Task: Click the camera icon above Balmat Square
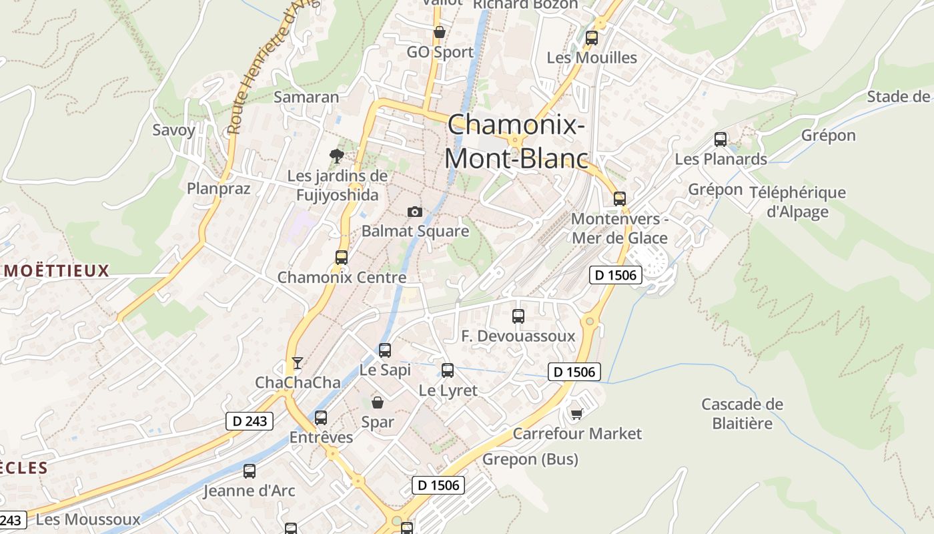[x=414, y=212]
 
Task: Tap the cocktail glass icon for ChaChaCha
[x=298, y=363]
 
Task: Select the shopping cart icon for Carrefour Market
[x=576, y=415]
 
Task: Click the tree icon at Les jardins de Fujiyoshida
[x=337, y=156]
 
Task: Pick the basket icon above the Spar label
[x=378, y=403]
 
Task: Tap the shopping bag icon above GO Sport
[x=440, y=32]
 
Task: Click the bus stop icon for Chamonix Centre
[x=342, y=258]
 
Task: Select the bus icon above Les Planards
[x=721, y=140]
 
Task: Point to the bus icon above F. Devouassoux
[x=518, y=316]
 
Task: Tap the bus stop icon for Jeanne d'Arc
[x=250, y=471]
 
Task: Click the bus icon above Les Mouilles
[x=592, y=38]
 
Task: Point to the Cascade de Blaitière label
[x=742, y=413]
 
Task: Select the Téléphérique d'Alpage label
[x=797, y=202]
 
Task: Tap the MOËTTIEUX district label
[x=56, y=270]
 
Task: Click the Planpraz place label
[x=219, y=188]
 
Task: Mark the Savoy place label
[x=173, y=129]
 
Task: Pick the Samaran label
[x=307, y=97]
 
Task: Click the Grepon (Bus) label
[x=530, y=459]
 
